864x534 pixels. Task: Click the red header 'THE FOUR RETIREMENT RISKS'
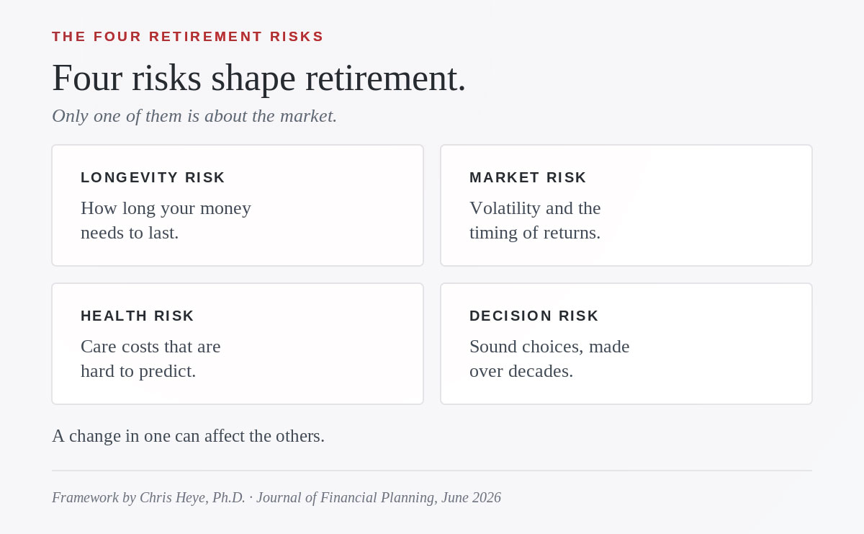(x=188, y=37)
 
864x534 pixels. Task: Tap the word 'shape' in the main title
(x=253, y=79)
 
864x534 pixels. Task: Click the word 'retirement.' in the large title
(x=386, y=79)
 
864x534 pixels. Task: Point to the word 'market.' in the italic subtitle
(x=309, y=116)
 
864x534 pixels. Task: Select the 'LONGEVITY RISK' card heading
(x=153, y=177)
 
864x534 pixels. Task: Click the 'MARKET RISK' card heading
(x=528, y=177)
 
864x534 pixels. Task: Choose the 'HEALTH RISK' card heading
(x=138, y=316)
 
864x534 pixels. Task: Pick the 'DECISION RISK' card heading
(x=534, y=316)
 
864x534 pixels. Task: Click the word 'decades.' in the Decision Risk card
(x=541, y=371)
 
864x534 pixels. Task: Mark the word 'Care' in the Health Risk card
(x=99, y=347)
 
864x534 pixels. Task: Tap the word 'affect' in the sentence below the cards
(x=225, y=436)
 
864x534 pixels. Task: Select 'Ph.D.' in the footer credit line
(x=229, y=497)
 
